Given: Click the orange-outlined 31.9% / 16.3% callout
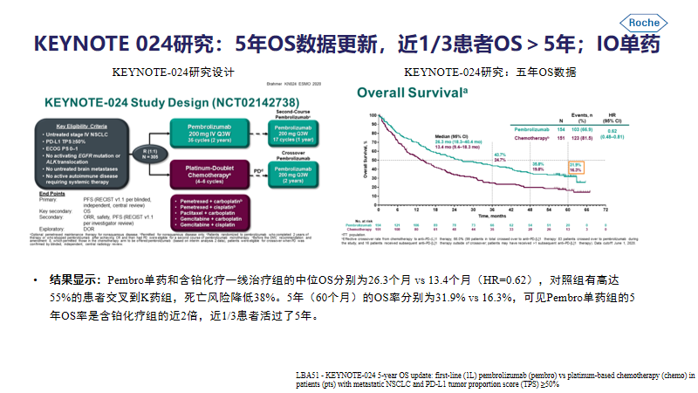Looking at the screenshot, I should click(574, 168).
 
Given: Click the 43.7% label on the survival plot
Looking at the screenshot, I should click(500, 155).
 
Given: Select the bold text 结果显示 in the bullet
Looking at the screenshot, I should click(73, 280).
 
